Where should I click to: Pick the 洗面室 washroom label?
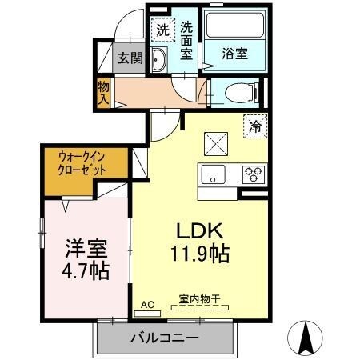tap(186, 40)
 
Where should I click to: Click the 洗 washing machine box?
tap(162, 30)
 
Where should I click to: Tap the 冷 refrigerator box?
tap(255, 126)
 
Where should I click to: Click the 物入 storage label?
tap(103, 92)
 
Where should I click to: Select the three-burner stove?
tap(254, 174)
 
